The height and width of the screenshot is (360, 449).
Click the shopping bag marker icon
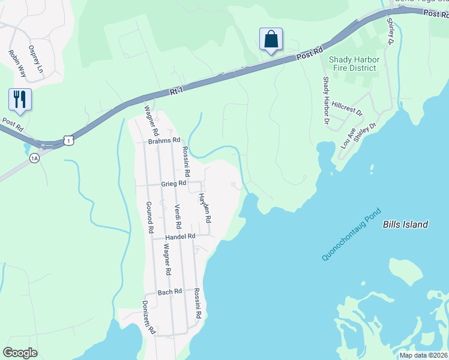point(271,40)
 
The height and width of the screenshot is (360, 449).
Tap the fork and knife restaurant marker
point(20,100)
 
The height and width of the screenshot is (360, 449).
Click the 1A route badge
point(34,157)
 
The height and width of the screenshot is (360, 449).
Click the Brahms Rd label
point(164,140)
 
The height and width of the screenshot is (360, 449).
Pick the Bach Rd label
point(169,292)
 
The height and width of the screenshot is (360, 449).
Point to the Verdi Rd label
point(178,217)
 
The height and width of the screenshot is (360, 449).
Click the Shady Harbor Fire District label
point(352,64)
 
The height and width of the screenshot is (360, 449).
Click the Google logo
point(20,353)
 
